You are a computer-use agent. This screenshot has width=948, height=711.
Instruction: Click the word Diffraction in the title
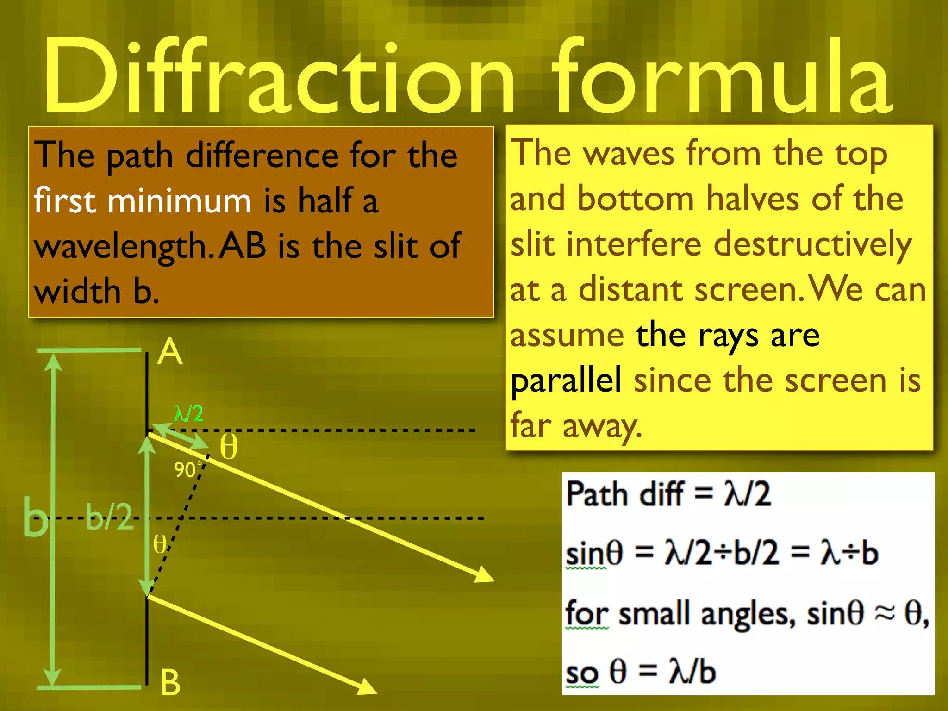(x=278, y=76)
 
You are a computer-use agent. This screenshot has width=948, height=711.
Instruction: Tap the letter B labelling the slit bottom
(x=170, y=683)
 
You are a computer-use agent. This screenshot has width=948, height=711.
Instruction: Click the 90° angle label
(x=187, y=470)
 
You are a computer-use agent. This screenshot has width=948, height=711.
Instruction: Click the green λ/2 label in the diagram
(x=188, y=413)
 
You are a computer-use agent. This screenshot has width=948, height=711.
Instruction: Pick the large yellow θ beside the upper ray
(x=228, y=447)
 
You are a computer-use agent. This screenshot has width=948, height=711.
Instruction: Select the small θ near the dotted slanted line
(x=159, y=544)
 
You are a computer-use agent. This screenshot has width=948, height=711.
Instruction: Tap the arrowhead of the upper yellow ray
(x=485, y=575)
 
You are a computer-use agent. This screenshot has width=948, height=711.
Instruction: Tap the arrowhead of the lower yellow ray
(x=368, y=687)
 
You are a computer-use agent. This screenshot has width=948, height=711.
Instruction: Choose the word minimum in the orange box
(x=180, y=201)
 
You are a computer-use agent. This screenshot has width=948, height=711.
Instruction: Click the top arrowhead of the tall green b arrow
(x=54, y=361)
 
